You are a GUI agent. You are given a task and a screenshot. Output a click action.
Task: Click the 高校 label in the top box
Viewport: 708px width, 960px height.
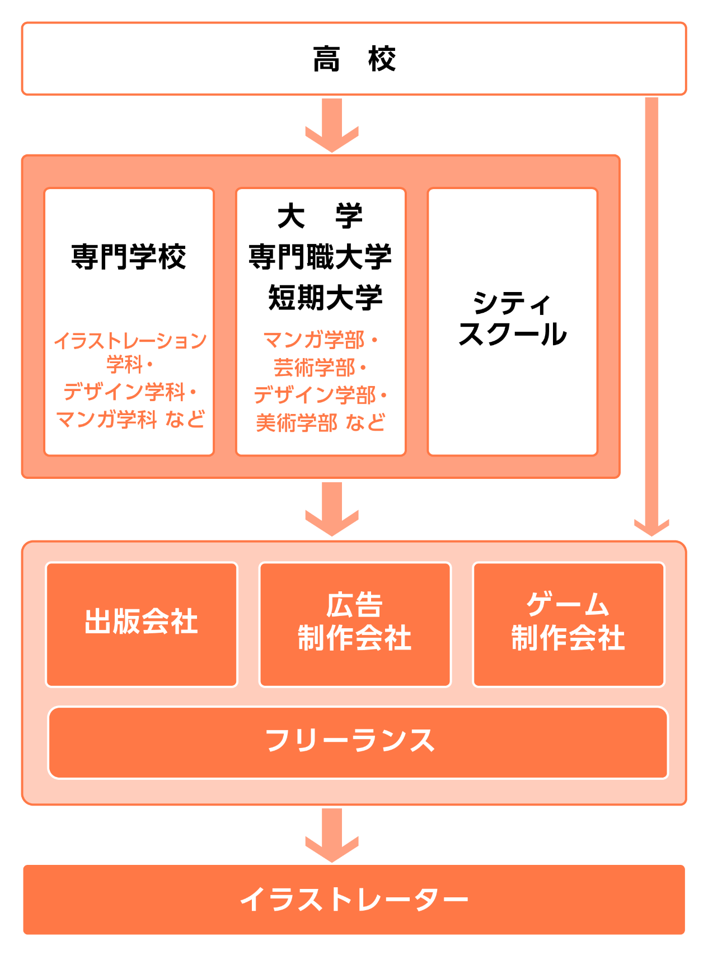(x=354, y=59)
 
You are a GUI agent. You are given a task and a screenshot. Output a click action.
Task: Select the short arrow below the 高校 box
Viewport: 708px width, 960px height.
(x=332, y=125)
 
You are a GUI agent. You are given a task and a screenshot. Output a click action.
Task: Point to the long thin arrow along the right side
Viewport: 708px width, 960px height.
(x=651, y=316)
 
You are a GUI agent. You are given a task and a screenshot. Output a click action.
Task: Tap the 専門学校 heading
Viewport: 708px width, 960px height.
(x=129, y=257)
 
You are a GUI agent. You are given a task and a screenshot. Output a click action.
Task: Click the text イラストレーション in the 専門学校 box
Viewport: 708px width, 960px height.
(x=130, y=340)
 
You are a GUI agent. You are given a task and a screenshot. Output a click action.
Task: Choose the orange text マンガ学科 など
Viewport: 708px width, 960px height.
(x=130, y=419)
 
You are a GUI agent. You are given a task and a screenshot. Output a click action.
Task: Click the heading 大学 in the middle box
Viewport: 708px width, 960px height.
(x=321, y=216)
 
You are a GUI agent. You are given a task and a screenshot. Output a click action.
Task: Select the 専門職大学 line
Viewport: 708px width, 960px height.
(x=321, y=257)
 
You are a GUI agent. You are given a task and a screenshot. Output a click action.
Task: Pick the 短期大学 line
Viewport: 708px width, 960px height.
(x=325, y=297)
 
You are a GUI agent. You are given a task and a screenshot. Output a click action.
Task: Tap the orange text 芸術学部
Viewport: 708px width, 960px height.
(x=314, y=368)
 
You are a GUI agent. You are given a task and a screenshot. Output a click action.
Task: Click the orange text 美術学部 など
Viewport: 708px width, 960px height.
(x=321, y=422)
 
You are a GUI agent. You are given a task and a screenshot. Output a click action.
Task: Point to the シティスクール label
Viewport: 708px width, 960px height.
(x=513, y=319)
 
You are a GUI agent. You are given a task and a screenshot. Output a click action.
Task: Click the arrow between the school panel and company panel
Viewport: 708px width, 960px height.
(x=332, y=509)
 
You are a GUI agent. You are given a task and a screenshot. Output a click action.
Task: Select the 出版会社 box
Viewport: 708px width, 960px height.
(x=142, y=624)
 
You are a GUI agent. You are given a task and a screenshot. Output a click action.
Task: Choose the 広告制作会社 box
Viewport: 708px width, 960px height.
(x=355, y=624)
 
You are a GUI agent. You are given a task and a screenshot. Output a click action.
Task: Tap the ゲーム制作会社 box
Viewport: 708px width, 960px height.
(x=569, y=624)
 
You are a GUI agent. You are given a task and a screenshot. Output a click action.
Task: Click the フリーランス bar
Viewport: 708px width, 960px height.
(x=358, y=742)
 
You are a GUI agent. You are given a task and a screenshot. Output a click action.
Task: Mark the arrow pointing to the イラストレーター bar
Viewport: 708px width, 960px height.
(x=332, y=835)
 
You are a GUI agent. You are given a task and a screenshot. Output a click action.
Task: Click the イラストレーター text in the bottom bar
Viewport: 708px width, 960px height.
(x=354, y=900)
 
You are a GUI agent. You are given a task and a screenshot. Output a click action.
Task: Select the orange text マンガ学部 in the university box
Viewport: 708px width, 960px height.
(x=313, y=340)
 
